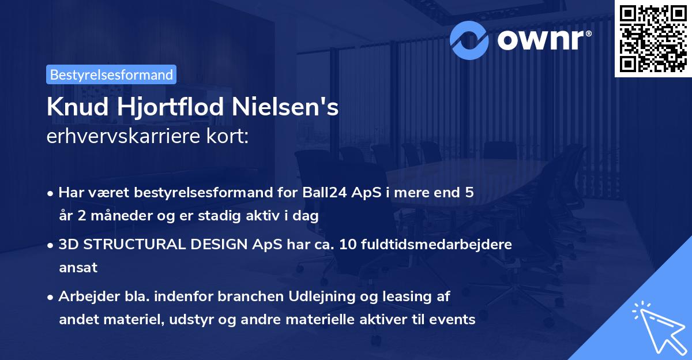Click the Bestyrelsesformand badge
click(111, 74)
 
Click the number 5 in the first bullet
click(469, 192)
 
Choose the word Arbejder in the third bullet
click(84, 297)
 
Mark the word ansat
click(78, 267)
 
